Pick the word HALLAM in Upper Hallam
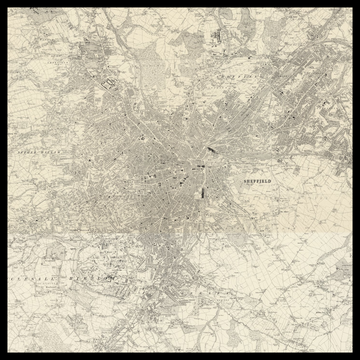(x=57, y=153)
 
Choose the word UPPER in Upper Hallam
(x=27, y=153)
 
